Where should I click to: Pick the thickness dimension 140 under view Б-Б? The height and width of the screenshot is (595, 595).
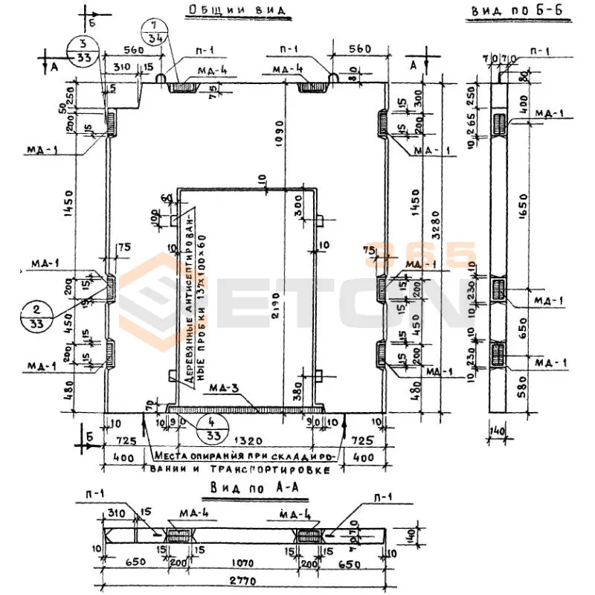pyautogui.click(x=498, y=429)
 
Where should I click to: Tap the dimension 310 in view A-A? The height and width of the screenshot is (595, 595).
pyautogui.click(x=115, y=513)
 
